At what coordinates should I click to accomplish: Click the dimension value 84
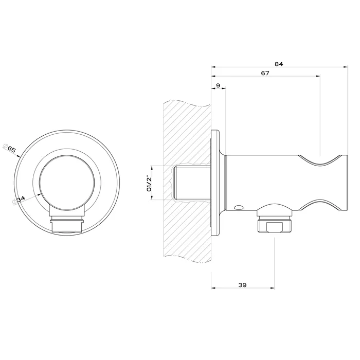point(279,64)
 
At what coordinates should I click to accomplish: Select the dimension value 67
point(265,73)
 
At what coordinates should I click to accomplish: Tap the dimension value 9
point(218,85)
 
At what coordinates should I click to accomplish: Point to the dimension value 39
point(242,285)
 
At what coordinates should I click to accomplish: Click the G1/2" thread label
point(149,183)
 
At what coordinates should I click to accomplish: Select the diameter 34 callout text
point(19,200)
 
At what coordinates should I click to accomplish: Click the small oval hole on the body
point(238,207)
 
